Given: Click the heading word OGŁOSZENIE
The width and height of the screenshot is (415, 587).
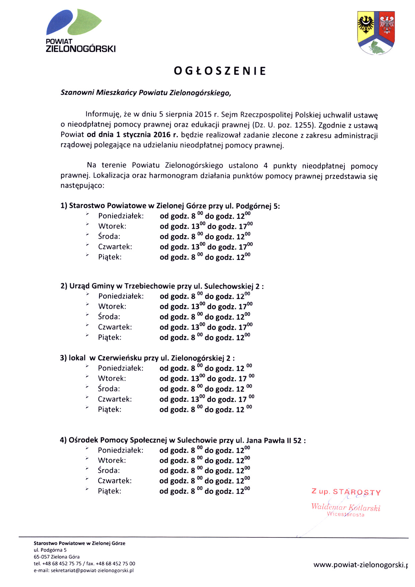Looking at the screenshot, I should (x=220, y=71).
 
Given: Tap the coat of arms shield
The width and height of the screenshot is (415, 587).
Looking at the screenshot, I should (x=376, y=32).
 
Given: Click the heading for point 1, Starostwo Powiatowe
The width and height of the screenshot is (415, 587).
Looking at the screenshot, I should (x=170, y=206).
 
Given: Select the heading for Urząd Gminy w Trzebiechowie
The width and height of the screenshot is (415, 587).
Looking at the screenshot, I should (x=162, y=286).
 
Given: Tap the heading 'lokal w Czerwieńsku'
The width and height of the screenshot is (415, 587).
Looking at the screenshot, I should (x=147, y=358).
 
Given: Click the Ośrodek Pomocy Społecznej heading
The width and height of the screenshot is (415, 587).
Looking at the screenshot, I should (x=182, y=440).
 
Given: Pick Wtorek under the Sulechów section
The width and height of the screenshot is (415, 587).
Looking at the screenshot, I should (x=112, y=460).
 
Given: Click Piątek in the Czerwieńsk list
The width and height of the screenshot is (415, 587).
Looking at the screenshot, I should (x=109, y=409).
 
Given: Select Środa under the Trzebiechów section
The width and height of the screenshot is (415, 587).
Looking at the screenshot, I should (x=109, y=317).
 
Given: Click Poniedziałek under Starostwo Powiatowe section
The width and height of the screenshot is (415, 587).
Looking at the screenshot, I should (x=121, y=216).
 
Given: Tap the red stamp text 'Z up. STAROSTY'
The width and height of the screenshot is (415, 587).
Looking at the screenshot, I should (x=346, y=492).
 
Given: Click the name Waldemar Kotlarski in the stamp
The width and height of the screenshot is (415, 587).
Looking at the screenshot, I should (x=346, y=507).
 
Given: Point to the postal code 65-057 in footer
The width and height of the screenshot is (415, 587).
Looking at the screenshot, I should (x=42, y=557).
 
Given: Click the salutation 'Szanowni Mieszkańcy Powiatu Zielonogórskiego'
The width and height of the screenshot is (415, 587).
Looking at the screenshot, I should (x=146, y=93).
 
